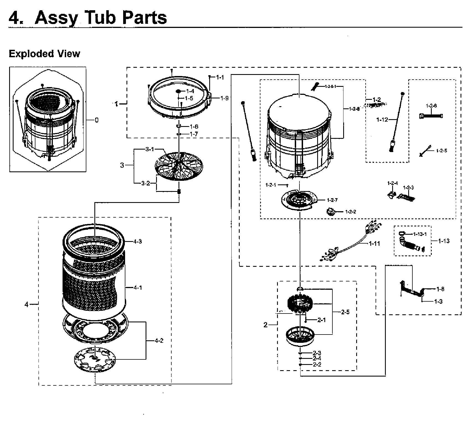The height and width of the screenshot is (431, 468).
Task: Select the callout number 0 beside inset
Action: coord(96,120)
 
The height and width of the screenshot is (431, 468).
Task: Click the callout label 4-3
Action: coord(137,241)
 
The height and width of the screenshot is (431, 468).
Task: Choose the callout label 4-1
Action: coord(138,288)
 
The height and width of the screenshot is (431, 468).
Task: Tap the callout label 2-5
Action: coord(345,312)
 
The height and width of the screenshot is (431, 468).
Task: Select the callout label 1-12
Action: coord(382,120)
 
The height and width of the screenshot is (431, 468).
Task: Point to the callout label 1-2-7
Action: coord(332,200)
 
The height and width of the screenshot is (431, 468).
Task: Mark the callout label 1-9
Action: coord(224,98)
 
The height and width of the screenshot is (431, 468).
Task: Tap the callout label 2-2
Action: coord(317,364)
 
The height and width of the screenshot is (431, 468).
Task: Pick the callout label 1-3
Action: coord(438,301)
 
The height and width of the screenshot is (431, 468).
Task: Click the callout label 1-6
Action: coord(194,127)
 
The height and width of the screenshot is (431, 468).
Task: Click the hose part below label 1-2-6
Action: coord(431,116)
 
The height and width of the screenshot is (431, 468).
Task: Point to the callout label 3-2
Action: coord(146,183)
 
